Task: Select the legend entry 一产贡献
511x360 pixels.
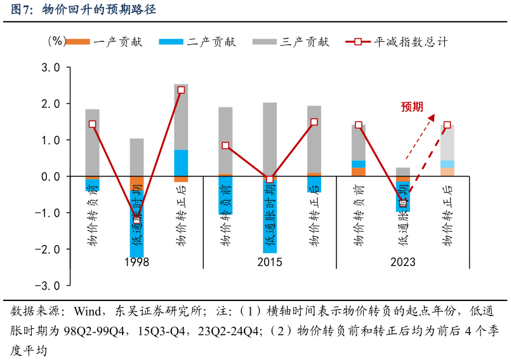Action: (117, 42)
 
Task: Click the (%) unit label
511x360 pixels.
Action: (56, 41)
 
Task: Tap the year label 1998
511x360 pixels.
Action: (136, 262)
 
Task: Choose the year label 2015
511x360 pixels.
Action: (270, 262)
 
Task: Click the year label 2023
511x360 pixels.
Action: (403, 262)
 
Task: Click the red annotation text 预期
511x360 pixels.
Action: (412, 107)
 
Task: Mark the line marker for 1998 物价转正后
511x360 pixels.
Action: (181, 90)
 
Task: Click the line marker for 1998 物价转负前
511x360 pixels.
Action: (92, 124)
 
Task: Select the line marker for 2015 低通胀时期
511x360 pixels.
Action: (270, 180)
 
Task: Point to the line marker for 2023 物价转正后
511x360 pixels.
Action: (448, 125)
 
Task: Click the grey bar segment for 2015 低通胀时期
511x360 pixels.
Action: (270, 139)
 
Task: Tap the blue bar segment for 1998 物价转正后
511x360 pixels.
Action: (181, 163)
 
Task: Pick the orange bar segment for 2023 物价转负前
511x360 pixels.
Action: (359, 171)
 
